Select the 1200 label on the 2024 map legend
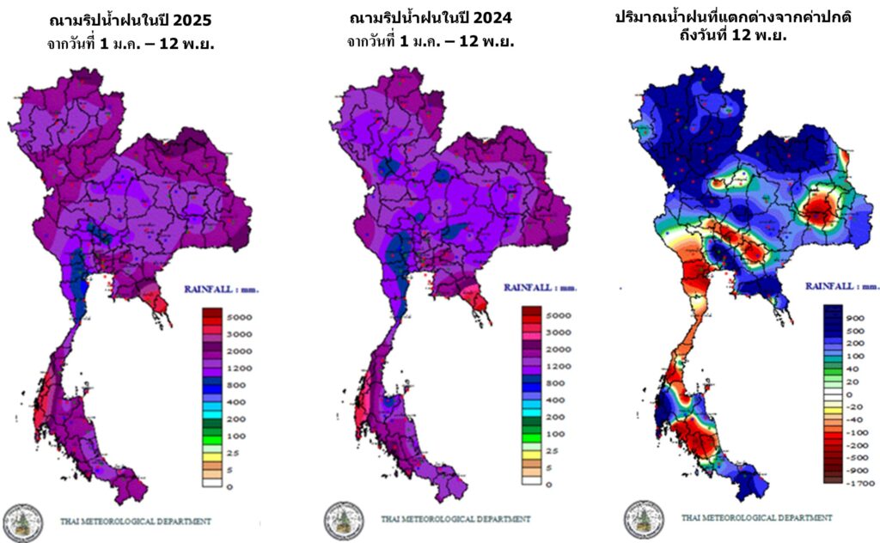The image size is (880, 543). click(x=558, y=366)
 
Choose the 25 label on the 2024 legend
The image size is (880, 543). click(x=553, y=450)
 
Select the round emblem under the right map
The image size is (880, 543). click(x=644, y=518)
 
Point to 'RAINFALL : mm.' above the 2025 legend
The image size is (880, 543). click(x=221, y=290)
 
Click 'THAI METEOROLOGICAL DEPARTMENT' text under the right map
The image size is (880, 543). click(x=756, y=518)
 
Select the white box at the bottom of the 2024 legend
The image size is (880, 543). click(x=530, y=481)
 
